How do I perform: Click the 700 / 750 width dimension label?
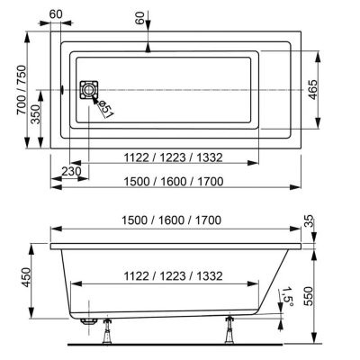coord(22,90)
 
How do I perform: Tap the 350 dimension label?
coord(36,114)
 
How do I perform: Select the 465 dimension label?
coord(312,89)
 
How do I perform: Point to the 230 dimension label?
coord(71,171)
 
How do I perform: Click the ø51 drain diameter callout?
coord(105,109)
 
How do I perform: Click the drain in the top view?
coord(89,89)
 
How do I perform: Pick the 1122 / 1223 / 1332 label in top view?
coord(174,157)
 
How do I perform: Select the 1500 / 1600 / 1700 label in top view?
coord(174,181)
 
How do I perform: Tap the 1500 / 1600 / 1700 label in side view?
coord(171,220)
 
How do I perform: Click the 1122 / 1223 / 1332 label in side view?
coord(174,275)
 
